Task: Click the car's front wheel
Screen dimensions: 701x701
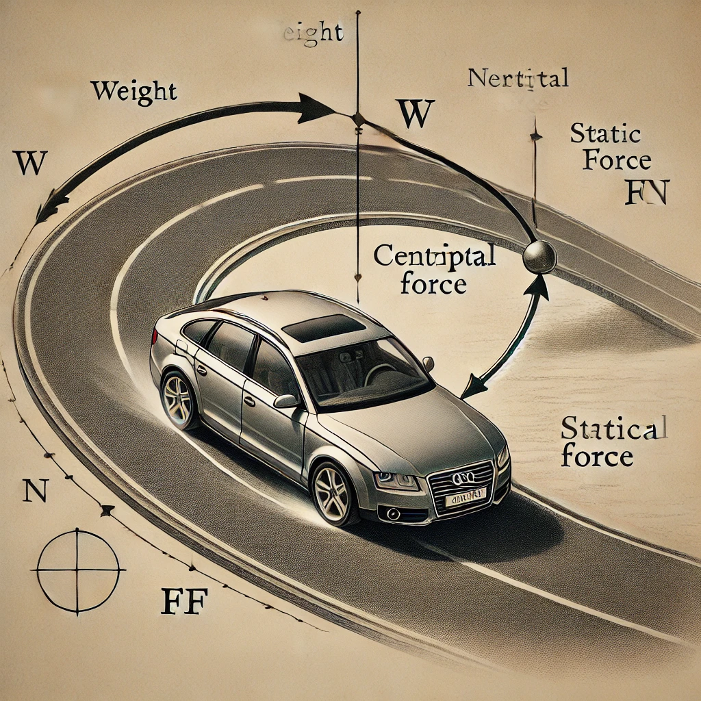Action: click(x=333, y=492)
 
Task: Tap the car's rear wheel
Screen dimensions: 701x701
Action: click(x=179, y=400)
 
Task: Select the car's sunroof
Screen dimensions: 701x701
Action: click(x=323, y=328)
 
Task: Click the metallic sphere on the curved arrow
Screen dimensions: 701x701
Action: click(x=539, y=257)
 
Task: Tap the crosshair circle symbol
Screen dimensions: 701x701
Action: click(x=77, y=570)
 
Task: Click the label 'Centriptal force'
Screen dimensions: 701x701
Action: click(x=434, y=270)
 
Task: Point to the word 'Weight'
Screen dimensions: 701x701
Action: click(x=133, y=90)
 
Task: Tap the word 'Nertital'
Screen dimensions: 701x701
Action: click(x=518, y=78)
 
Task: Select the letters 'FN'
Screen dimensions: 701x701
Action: click(x=647, y=192)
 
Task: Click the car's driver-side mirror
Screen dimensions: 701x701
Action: click(x=287, y=400)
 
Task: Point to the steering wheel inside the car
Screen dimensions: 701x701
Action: click(x=379, y=373)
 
